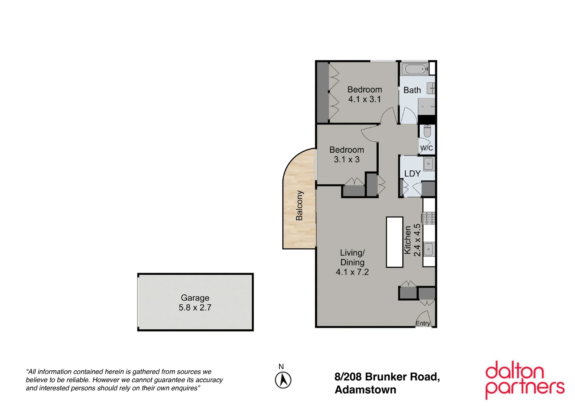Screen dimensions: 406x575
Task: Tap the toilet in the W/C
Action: (x=427, y=132)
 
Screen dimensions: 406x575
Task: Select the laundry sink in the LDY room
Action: (x=428, y=164)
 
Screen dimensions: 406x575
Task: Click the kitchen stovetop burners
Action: (x=429, y=218)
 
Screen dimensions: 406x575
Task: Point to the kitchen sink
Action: (x=428, y=249)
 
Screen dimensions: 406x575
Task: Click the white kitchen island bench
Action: (x=394, y=242)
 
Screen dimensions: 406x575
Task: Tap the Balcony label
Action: (x=299, y=205)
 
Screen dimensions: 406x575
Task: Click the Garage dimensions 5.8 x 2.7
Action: (x=195, y=308)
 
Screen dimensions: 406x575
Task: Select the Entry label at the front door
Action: (x=423, y=323)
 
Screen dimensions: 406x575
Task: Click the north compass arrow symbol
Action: (x=283, y=380)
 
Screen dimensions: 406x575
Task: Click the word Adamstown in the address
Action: (x=365, y=390)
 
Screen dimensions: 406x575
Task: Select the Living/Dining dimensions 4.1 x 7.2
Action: (x=352, y=272)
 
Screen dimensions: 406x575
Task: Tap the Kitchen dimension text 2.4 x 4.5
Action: (x=417, y=240)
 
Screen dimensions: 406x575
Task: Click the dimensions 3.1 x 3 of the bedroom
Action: (x=347, y=159)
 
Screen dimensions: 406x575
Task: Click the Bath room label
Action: (x=412, y=90)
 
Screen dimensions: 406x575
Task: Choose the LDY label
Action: (x=412, y=174)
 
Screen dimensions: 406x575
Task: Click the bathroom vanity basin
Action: (x=431, y=88)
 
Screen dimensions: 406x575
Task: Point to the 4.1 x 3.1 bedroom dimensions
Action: (x=364, y=99)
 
